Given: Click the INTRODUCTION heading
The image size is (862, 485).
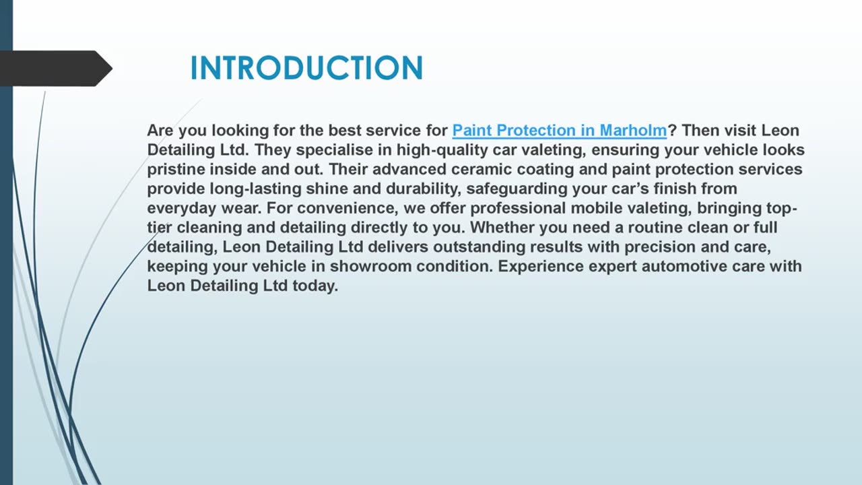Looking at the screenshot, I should [x=306, y=69].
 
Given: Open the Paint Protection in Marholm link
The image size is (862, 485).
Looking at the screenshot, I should [x=559, y=130].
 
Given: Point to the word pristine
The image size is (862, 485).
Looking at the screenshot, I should [x=176, y=169].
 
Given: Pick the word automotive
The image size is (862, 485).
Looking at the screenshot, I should [x=682, y=266].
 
